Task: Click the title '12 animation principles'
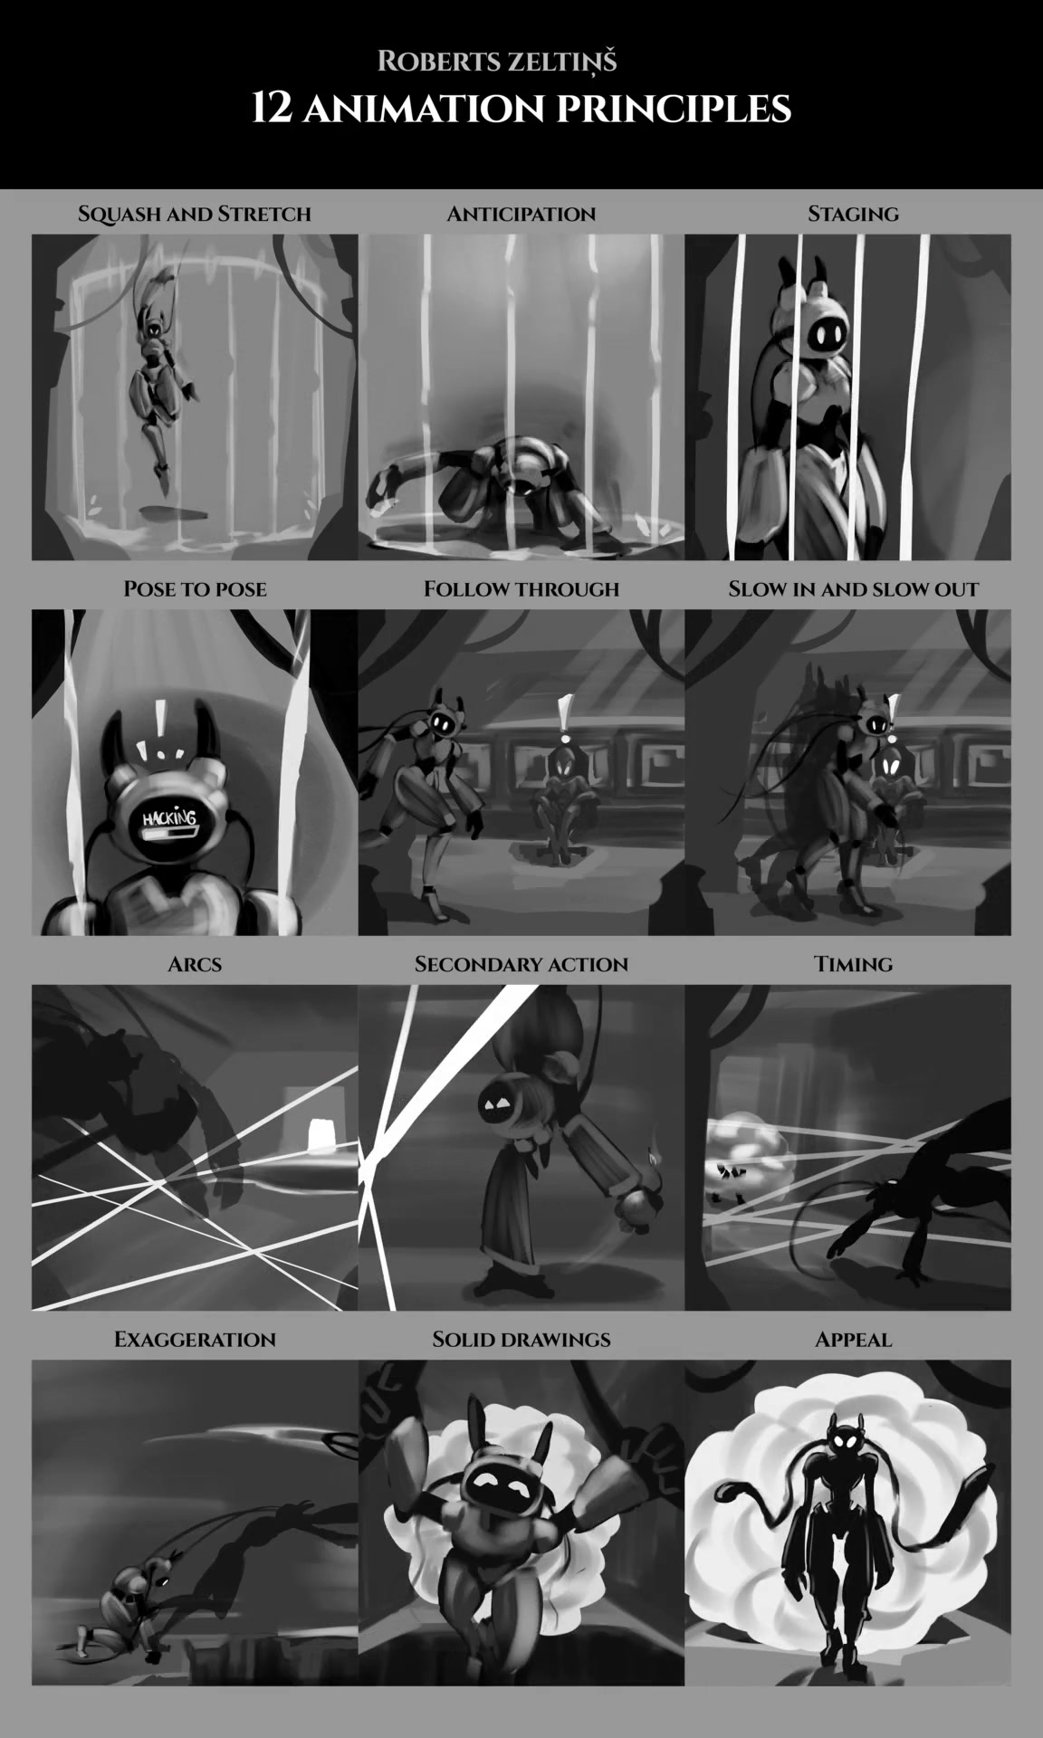(521, 109)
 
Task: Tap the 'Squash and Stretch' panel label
(195, 215)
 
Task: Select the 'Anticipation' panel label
(521, 215)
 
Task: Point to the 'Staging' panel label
(853, 215)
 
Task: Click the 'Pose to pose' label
(195, 589)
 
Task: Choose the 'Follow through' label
(521, 589)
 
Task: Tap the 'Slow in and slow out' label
(853, 589)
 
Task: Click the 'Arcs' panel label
(195, 964)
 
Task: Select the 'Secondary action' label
(521, 964)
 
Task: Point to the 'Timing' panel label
(853, 964)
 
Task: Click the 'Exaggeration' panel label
(195, 1340)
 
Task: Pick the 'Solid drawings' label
(521, 1340)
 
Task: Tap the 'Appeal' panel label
(853, 1340)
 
